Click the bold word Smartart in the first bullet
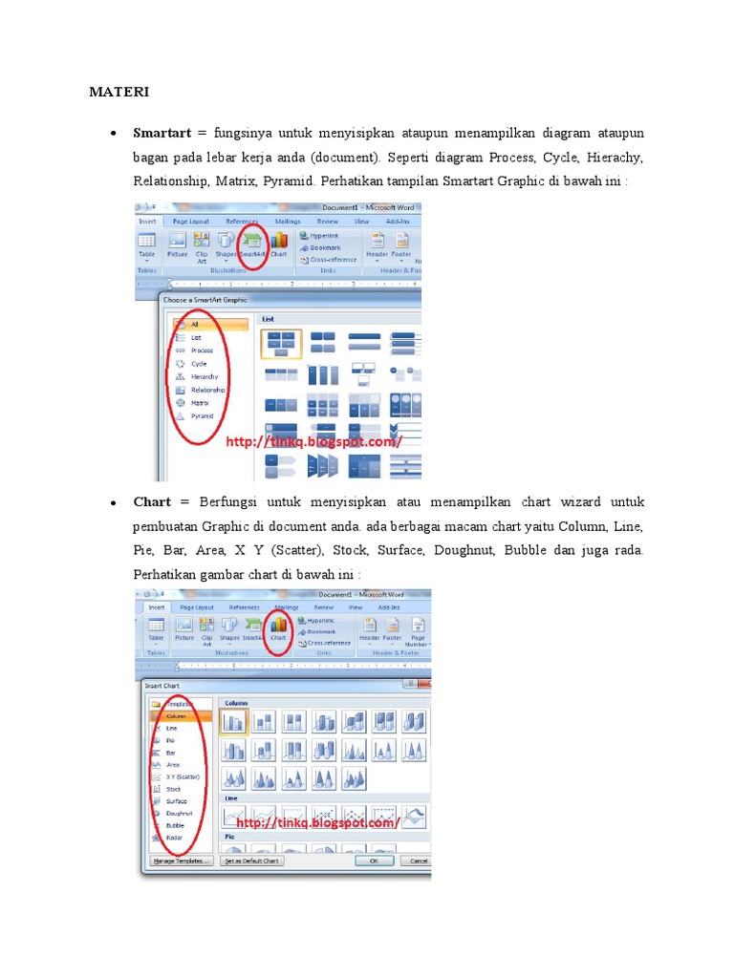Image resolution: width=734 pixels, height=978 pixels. [x=162, y=132]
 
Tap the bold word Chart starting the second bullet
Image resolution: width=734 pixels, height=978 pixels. [x=152, y=501]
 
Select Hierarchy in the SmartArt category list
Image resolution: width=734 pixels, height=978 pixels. [x=204, y=376]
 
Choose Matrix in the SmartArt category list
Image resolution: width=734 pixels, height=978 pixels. [x=200, y=403]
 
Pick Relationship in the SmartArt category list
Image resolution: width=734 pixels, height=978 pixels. [x=207, y=390]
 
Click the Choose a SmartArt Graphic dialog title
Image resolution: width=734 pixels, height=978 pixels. [x=205, y=300]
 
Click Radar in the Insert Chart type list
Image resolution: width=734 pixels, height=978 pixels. [x=174, y=838]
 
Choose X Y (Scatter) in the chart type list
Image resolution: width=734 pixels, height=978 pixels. [x=183, y=776]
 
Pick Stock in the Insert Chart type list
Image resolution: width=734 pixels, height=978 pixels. [x=173, y=789]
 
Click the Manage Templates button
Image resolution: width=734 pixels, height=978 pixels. [x=180, y=861]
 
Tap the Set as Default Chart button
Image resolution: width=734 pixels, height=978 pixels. [x=251, y=861]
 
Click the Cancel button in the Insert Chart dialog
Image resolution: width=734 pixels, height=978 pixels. [x=418, y=861]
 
